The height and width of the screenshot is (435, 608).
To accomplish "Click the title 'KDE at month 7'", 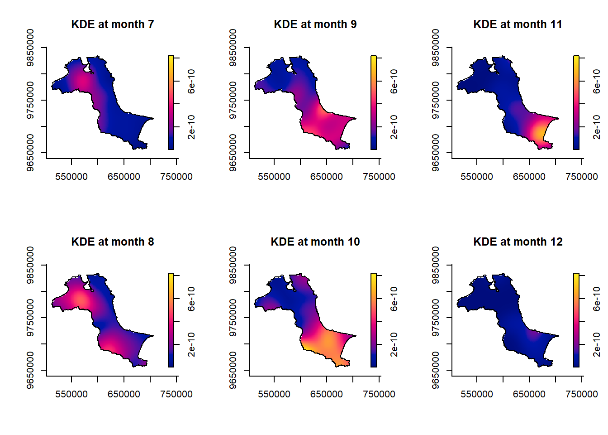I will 113,24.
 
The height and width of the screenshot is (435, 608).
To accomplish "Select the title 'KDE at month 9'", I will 315,24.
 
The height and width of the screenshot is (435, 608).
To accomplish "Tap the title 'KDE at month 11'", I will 518,24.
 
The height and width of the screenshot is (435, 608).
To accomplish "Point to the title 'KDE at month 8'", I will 113,242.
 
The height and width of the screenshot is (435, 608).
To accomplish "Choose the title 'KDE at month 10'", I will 315,242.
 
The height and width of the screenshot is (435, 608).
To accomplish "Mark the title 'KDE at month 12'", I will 518,242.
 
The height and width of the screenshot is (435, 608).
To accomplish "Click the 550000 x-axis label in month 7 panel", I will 71,177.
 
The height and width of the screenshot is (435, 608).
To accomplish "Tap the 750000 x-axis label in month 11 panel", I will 582,177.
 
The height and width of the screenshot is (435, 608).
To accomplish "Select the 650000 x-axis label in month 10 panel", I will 327,394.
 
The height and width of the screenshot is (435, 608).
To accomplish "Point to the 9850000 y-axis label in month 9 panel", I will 233,48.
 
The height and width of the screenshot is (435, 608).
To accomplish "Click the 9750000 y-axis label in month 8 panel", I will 30,318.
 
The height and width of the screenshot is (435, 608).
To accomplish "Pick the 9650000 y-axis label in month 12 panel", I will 436,370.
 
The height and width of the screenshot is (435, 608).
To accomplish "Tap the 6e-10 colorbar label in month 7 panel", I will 192,81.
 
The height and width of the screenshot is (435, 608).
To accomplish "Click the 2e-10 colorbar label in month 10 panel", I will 394,344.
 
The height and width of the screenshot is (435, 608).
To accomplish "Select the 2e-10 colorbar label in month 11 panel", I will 597,127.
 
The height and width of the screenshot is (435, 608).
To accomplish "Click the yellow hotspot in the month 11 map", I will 539,132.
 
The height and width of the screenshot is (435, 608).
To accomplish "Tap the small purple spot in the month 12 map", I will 534,336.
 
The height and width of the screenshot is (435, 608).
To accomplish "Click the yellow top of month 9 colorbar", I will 374,58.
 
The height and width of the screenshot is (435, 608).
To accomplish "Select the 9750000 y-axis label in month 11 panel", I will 436,101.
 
